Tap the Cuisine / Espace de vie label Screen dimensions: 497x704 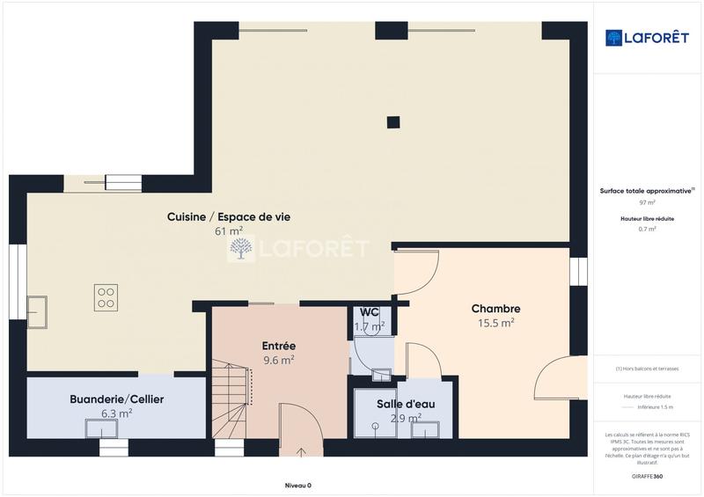tap(229, 216)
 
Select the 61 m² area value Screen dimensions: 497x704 tap(229, 231)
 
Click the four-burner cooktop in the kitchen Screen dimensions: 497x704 tap(106, 297)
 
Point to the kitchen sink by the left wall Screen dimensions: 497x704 tap(37, 308)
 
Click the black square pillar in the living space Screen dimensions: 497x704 tap(393, 122)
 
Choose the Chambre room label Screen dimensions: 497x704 tap(495, 309)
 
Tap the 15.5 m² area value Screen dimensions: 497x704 tap(495, 323)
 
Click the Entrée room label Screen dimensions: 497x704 tap(279, 346)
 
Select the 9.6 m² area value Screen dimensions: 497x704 tap(279, 360)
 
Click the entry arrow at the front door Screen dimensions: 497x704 tap(302, 452)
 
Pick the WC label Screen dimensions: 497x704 tap(370, 312)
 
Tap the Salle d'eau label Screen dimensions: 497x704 tap(406, 404)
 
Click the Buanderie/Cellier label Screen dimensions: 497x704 tap(116, 399)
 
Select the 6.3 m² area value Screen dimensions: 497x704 tap(116, 413)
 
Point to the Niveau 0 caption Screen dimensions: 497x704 tap(297, 486)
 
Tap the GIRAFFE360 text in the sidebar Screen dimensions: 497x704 tap(647, 475)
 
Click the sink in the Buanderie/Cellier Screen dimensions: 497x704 tap(101, 428)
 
